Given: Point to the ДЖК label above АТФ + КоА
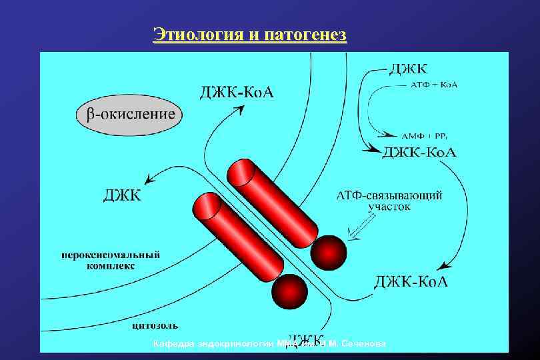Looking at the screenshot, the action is click(409, 69).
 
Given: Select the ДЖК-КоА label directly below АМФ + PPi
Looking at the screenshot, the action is click(419, 152).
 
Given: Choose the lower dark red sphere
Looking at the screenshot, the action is click(289, 290).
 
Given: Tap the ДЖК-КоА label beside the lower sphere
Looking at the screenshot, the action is click(411, 281).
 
